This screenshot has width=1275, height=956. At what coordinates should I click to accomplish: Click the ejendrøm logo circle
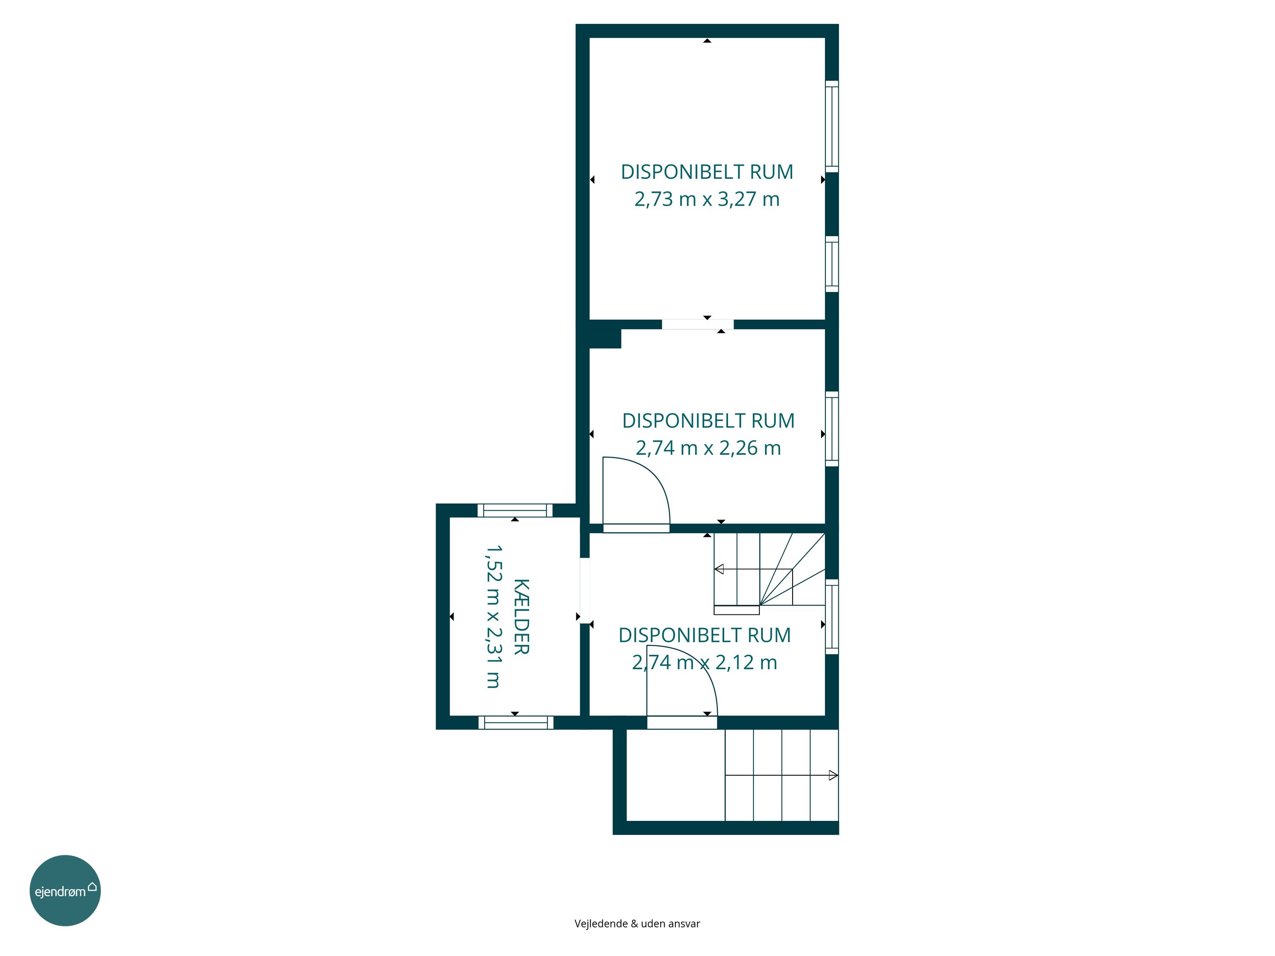point(65,890)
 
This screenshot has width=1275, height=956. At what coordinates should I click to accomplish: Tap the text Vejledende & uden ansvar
point(637,924)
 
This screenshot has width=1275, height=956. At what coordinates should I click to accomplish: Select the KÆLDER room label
point(521,617)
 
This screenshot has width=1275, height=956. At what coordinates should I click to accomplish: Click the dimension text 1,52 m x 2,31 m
point(493,617)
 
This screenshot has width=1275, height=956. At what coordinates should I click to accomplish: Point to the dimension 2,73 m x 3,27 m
point(707,199)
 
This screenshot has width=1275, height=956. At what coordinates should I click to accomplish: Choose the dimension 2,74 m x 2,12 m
point(704,662)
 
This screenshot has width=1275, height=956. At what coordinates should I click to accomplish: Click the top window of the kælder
point(515,511)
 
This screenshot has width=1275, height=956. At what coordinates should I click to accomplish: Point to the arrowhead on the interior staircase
point(719,569)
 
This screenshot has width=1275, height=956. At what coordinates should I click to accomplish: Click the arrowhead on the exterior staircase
point(833,775)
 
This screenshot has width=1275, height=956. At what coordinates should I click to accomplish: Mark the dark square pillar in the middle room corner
point(605,338)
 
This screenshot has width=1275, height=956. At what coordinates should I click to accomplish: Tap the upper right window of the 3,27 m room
point(832,126)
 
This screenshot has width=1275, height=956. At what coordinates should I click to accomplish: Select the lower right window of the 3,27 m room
point(832,264)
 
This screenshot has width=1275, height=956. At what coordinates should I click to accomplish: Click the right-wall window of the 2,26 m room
point(832,429)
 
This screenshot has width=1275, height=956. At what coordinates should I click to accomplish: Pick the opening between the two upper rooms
point(697,325)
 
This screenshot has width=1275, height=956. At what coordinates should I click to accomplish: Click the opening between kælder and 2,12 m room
point(584,590)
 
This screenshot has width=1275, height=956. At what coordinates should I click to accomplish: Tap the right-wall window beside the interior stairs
point(832,617)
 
